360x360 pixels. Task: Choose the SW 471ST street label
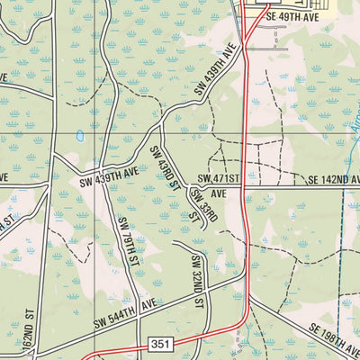220,180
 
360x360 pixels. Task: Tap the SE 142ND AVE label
327,180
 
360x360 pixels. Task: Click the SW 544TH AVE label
124,312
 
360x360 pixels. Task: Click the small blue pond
80,137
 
